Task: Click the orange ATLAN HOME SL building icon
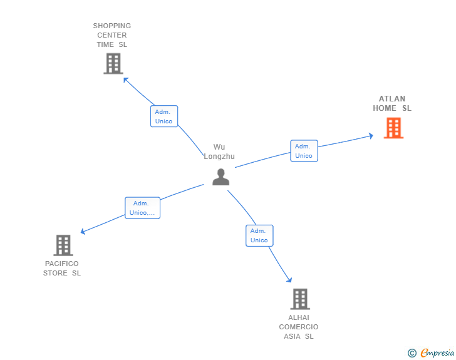pos(393,128)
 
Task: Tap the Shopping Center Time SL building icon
pos(113,63)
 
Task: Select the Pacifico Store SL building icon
pos(63,245)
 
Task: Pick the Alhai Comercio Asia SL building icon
pos(300,299)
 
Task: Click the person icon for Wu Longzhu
pos(220,177)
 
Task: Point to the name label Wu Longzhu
pos(219,152)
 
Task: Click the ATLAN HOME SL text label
pos(392,103)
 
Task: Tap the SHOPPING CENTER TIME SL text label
pos(112,35)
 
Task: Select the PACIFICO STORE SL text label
pos(62,269)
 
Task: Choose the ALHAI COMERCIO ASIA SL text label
pos(299,327)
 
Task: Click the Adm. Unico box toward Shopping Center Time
pos(164,116)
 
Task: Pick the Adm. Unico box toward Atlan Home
pos(304,151)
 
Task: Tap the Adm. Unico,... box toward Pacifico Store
pos(143,208)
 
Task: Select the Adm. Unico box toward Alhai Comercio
pos(259,235)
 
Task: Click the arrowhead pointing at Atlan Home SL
pos(371,136)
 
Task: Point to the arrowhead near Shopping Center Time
pos(126,80)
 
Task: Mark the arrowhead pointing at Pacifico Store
pos(83,232)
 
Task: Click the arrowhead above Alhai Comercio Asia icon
pos(289,280)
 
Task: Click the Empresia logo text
pos(437,352)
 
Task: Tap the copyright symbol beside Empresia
pos(412,353)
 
